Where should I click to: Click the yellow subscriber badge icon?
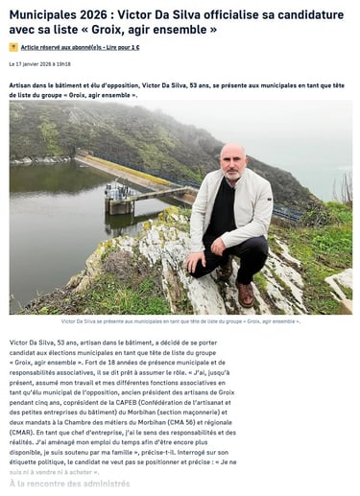(x=13, y=46)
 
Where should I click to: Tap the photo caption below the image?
(x=180, y=321)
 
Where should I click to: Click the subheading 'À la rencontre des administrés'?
(x=69, y=484)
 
